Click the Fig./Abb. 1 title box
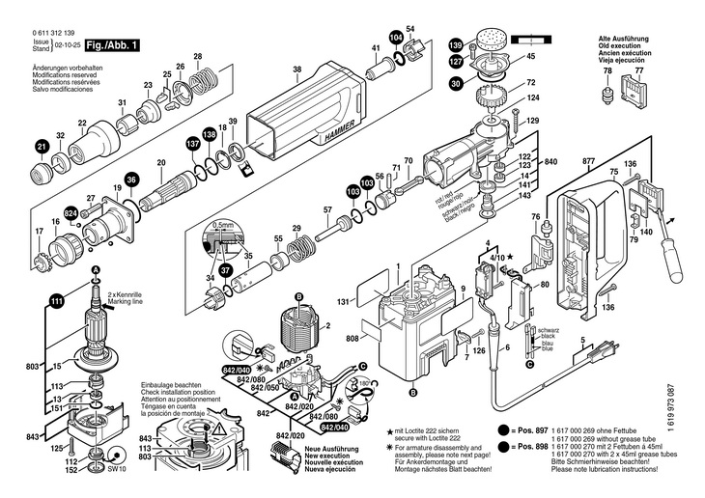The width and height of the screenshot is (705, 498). coord(112,45)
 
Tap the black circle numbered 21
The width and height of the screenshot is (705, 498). coord(42,146)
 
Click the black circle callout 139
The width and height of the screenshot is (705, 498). coord(456,43)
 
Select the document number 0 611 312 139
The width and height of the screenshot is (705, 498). coord(59,33)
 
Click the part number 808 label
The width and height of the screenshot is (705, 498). coord(352,338)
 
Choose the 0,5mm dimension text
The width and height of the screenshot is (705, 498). coord(225,224)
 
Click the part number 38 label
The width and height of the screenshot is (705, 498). coord(297,69)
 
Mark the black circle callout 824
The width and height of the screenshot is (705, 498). coord(70,211)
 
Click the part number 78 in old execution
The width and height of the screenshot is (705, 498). coord(607,72)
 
